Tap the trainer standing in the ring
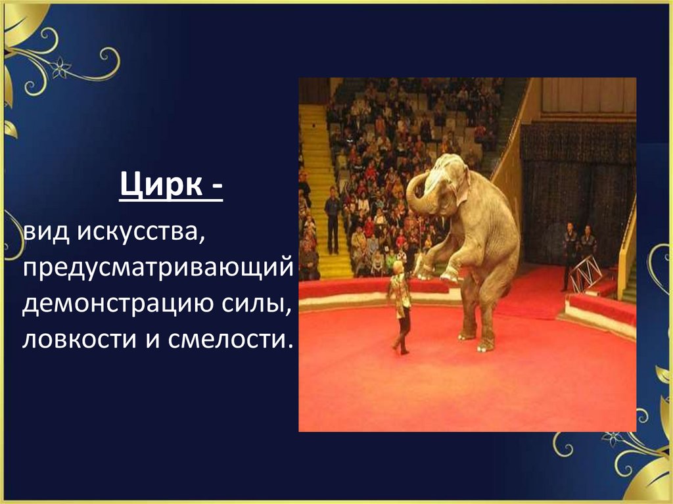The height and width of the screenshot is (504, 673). click(400, 306)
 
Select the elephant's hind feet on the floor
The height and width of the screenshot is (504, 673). click(476, 338)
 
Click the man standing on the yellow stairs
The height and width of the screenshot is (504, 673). click(333, 220)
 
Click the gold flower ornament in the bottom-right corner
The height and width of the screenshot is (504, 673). click(613, 438)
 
